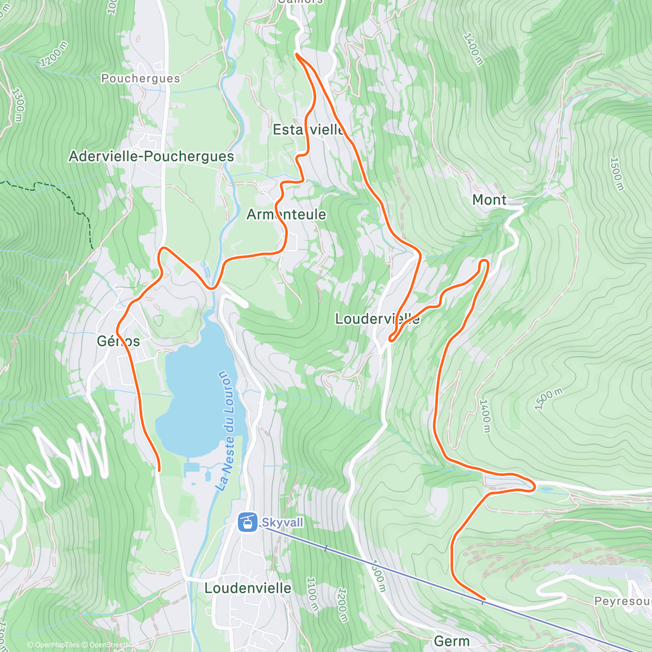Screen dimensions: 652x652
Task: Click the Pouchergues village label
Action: pyautogui.click(x=140, y=79)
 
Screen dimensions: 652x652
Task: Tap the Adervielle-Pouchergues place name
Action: pyautogui.click(x=151, y=156)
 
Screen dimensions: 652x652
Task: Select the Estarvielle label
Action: pyautogui.click(x=309, y=130)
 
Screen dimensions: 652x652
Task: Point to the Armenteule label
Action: pyautogui.click(x=286, y=215)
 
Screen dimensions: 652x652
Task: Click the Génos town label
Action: pyautogui.click(x=118, y=341)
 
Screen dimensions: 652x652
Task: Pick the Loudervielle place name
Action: pyautogui.click(x=377, y=319)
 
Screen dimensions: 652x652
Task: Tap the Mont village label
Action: pyautogui.click(x=489, y=200)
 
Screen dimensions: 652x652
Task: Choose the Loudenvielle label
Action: pyautogui.click(x=248, y=588)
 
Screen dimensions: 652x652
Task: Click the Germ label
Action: pyautogui.click(x=451, y=641)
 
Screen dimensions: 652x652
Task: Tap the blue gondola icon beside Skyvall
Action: pyautogui.click(x=247, y=523)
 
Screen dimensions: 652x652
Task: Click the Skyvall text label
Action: pyautogui.click(x=283, y=523)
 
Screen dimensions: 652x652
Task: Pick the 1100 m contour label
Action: pyautogui.click(x=312, y=593)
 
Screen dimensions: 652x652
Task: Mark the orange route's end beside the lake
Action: pyautogui.click(x=159, y=469)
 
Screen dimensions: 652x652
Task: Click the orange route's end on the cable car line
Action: pyautogui.click(x=483, y=599)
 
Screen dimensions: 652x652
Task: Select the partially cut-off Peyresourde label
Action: pyautogui.click(x=622, y=601)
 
